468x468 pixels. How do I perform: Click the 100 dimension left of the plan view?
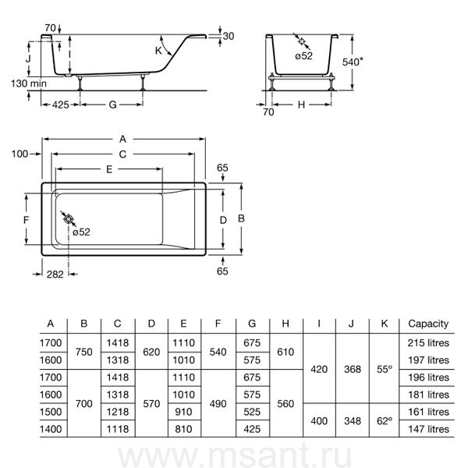[20, 154]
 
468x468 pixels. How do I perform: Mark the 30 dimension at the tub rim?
[227, 37]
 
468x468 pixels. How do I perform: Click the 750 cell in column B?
[84, 352]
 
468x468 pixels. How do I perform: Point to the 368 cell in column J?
[352, 370]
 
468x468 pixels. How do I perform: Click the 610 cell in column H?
[286, 352]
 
